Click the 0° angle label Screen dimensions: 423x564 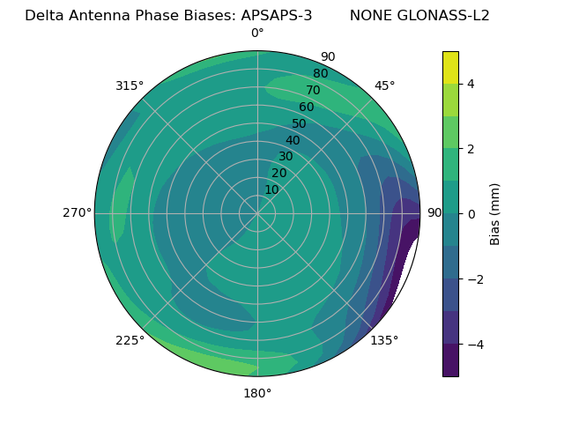pyautogui.click(x=257, y=33)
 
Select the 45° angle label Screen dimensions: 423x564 pyautogui.click(x=384, y=85)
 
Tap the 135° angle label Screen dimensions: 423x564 pyautogui.click(x=384, y=340)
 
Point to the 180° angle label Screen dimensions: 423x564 pyautogui.click(x=257, y=393)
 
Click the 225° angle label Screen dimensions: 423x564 pyautogui.click(x=130, y=340)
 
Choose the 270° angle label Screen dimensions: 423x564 pyautogui.click(x=78, y=213)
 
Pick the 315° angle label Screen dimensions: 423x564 pyautogui.click(x=130, y=85)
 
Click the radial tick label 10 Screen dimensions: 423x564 pyautogui.click(x=271, y=189)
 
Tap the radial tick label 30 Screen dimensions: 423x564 pyautogui.click(x=286, y=156)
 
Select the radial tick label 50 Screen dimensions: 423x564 pyautogui.click(x=300, y=123)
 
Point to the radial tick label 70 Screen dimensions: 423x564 pyautogui.click(x=313, y=90)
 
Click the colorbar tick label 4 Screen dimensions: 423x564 pyautogui.click(x=471, y=84)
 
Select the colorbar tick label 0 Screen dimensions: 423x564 pyautogui.click(x=471, y=213)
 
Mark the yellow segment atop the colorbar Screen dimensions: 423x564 pyautogui.click(x=450, y=67)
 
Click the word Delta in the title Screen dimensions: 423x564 pyautogui.click(x=42, y=16)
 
